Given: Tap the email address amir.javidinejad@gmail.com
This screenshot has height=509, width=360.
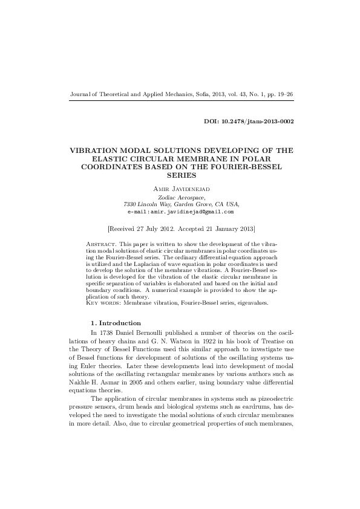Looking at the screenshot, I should coord(181,212).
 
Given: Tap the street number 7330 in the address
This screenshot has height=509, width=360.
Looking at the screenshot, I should coord(131,204).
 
